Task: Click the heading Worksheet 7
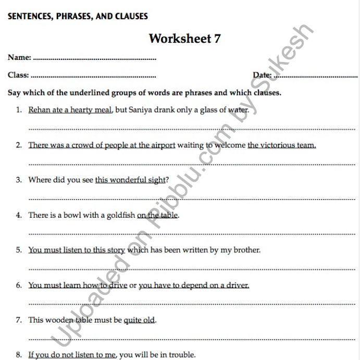184,39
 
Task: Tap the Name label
19,57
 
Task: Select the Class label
18,75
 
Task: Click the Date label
262,75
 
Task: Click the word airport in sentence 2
162,145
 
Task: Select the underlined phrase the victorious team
281,145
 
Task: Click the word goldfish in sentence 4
121,215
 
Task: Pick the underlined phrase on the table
157,215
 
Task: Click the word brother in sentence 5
245,250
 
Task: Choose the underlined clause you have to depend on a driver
194,285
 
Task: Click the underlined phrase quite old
139,320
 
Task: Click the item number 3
19,180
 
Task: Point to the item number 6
19,285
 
